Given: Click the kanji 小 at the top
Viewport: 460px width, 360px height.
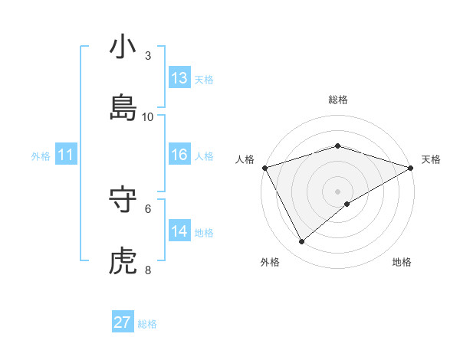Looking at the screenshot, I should [x=123, y=47].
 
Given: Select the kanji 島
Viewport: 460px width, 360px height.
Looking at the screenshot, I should [x=123, y=108].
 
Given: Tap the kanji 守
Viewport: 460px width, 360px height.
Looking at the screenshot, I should [x=123, y=200].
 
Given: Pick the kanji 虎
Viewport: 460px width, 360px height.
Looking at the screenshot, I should [x=123, y=261].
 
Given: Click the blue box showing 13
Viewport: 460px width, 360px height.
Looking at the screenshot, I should [x=179, y=78].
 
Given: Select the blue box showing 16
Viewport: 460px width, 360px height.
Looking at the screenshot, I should [x=179, y=155].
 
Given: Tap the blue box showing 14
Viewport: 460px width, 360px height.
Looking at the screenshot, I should [x=179, y=231].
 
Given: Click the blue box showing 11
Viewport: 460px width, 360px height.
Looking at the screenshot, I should [x=66, y=155].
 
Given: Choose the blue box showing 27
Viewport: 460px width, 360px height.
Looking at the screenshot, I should [x=123, y=322].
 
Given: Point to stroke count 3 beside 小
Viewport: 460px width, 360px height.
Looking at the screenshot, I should [x=148, y=55].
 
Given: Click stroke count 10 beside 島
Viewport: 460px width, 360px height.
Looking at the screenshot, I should [x=148, y=116].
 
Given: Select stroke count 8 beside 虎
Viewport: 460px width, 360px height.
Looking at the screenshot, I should [x=148, y=270].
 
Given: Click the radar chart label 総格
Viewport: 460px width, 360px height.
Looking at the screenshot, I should [x=337, y=100].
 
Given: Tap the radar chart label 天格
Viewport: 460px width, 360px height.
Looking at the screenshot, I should [x=431, y=159].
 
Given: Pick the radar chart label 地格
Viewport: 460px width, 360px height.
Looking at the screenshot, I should [x=402, y=262].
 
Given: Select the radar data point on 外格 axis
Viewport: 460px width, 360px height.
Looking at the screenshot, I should [x=302, y=242].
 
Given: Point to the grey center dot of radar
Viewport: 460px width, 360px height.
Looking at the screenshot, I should [x=337, y=191].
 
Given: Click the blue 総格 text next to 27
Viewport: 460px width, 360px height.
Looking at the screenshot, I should [x=147, y=324].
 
